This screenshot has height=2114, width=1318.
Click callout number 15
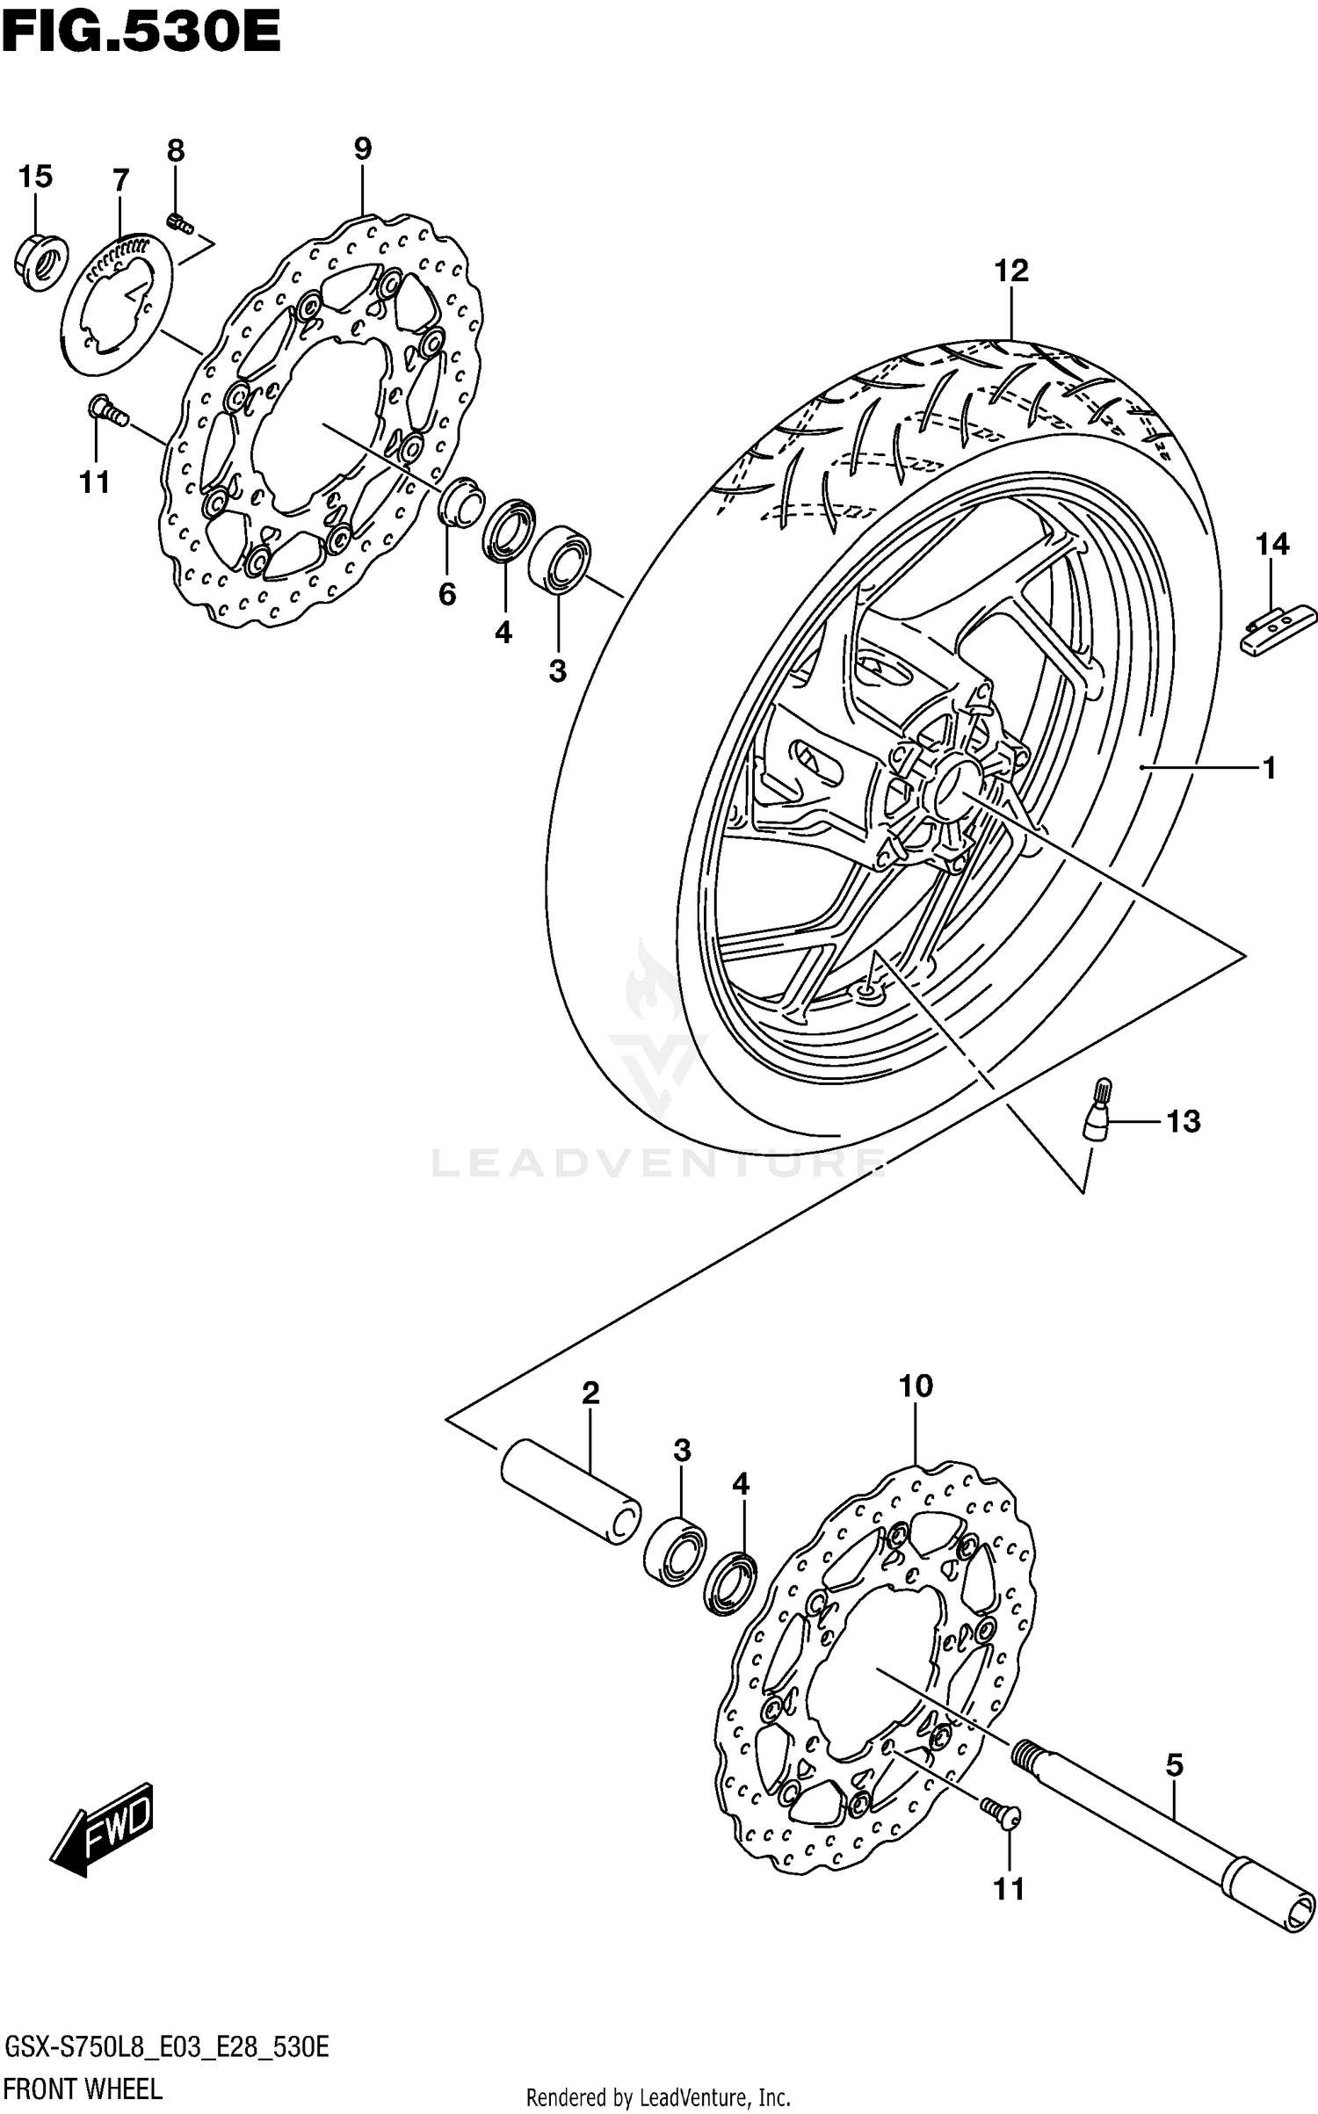(35, 177)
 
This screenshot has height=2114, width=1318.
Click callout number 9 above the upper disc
(363, 149)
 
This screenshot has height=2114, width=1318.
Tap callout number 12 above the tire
(1010, 271)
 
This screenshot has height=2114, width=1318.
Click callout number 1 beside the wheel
(1268, 768)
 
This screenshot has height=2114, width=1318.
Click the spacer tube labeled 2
(569, 1489)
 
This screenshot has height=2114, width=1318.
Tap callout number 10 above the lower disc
(915, 1386)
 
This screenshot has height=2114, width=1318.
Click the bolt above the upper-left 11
(105, 411)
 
